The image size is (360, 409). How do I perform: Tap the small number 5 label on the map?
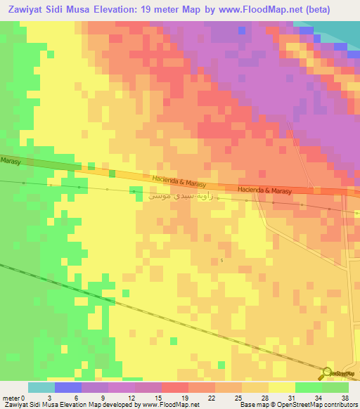coord(221,261)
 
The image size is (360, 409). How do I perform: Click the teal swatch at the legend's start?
coord(41,387)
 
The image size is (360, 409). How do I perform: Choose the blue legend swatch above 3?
coord(67,387)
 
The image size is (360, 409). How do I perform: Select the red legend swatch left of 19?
coord(174,387)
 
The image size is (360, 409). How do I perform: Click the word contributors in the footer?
coord(340,405)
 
